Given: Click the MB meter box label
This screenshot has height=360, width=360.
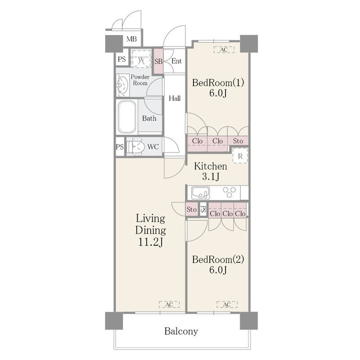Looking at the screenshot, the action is pyautogui.click(x=131, y=39).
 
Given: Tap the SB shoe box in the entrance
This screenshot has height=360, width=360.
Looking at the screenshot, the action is pyautogui.click(x=158, y=61).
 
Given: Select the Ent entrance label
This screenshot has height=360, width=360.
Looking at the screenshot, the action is pyautogui.click(x=176, y=61).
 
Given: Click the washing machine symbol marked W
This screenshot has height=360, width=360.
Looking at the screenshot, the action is pyautogui.click(x=141, y=59).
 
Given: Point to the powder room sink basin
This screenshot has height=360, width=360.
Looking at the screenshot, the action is pyautogui.click(x=122, y=85).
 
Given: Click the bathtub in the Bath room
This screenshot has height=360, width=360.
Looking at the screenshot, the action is pyautogui.click(x=126, y=117).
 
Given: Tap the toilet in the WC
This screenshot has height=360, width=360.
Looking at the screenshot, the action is pyautogui.click(x=135, y=147).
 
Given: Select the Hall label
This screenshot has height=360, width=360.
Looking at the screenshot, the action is pyautogui.click(x=175, y=98).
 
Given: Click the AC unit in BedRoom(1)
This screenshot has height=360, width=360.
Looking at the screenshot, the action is pyautogui.click(x=224, y=49).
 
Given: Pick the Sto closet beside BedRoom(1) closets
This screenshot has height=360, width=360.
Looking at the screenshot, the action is pyautogui.click(x=238, y=141).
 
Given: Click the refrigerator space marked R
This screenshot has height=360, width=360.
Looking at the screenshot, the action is pyautogui.click(x=240, y=156).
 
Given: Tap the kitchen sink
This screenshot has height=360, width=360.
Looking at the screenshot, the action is pyautogui.click(x=201, y=193).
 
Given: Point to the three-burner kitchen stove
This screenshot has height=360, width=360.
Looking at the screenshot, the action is pyautogui.click(x=229, y=193).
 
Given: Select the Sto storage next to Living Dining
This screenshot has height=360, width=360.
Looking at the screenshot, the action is pyautogui.click(x=192, y=209).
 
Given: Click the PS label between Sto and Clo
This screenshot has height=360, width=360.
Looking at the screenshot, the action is pyautogui.click(x=203, y=209).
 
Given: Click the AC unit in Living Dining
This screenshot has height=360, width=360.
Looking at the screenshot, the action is pyautogui.click(x=169, y=305).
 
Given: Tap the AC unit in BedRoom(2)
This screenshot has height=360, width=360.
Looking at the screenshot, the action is pyautogui.click(x=227, y=305).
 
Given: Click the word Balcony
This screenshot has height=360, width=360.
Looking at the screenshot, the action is pyautogui.click(x=181, y=331).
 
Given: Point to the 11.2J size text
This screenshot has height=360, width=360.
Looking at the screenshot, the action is pyautogui.click(x=151, y=242).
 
